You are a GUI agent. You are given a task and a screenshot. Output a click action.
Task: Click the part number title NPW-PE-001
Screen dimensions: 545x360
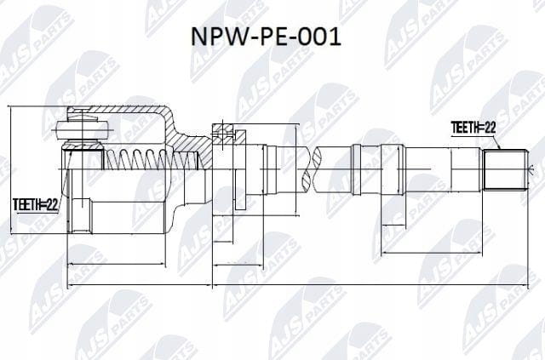click(266, 37)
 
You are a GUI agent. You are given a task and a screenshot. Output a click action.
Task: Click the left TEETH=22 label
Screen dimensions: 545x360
click(35, 204)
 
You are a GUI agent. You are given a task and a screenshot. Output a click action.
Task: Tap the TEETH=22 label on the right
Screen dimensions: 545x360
click(473, 128)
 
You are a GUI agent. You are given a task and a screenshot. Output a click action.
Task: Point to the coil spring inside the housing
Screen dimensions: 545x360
click(152, 159)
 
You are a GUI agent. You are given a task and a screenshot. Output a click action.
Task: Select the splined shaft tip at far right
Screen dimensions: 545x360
click(506, 170)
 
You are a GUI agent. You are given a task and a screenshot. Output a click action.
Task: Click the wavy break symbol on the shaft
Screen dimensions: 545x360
click(310, 169)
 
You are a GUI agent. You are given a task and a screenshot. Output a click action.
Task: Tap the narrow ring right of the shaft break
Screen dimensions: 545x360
click(356, 169)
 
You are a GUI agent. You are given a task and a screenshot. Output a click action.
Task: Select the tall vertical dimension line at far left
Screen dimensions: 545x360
click(11, 170)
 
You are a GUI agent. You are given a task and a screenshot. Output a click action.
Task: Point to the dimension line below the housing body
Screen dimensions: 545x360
click(116, 264)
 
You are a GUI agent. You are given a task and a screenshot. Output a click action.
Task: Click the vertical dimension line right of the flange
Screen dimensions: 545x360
click(295, 169)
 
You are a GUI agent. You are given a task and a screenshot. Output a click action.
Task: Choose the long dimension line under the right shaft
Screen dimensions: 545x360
click(432, 253)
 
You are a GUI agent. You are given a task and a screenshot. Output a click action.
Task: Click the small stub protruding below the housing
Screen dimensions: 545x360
click(82, 214)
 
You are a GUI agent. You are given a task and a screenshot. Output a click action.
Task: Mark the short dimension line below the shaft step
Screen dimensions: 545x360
click(393, 226)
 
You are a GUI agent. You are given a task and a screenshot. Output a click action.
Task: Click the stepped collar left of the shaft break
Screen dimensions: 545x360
click(270, 169)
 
